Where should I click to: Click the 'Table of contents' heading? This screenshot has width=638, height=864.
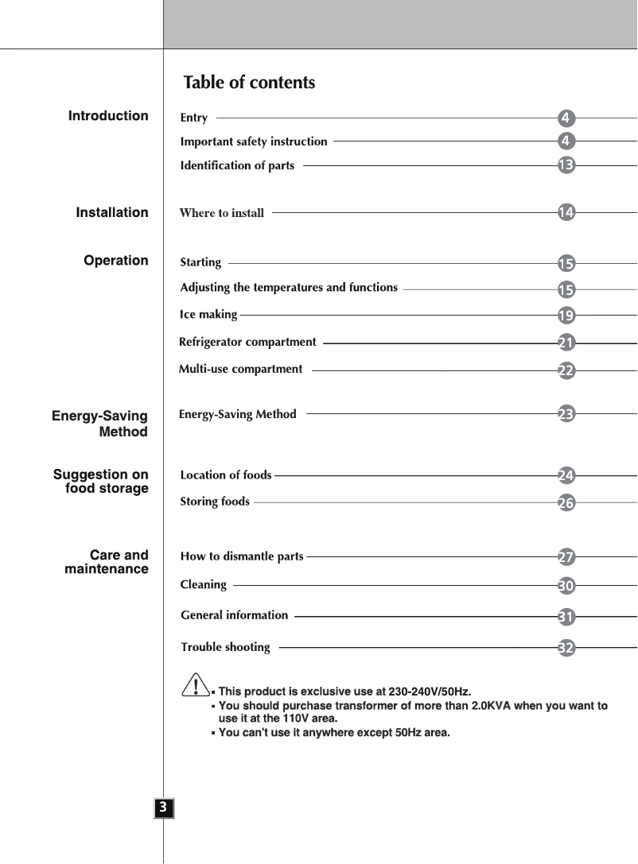pyautogui.click(x=249, y=83)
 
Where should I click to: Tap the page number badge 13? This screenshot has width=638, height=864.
pyautogui.click(x=566, y=165)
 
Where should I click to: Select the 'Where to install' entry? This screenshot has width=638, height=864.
pyautogui.click(x=222, y=213)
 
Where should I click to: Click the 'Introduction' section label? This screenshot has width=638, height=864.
pyautogui.click(x=108, y=116)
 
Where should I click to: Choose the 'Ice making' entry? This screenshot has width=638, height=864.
pyautogui.click(x=208, y=315)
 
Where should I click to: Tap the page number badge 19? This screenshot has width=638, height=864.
pyautogui.click(x=566, y=316)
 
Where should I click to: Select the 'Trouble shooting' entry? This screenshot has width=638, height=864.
pyautogui.click(x=225, y=647)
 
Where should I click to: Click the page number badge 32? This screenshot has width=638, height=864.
pyautogui.click(x=566, y=648)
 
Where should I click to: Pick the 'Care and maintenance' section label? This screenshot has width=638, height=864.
pyautogui.click(x=107, y=562)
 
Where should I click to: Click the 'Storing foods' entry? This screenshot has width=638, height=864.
pyautogui.click(x=215, y=502)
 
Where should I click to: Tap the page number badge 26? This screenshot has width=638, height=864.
pyautogui.click(x=566, y=502)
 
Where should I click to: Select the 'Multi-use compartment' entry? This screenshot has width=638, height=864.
pyautogui.click(x=241, y=369)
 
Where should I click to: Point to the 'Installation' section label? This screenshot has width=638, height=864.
pyautogui.click(x=112, y=213)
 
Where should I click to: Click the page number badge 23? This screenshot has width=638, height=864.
pyautogui.click(x=566, y=413)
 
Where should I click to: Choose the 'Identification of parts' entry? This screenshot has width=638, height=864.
pyautogui.click(x=237, y=165)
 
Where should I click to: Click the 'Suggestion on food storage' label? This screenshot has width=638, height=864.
pyautogui.click(x=102, y=482)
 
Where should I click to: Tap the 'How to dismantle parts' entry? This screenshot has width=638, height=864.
pyautogui.click(x=242, y=556)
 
